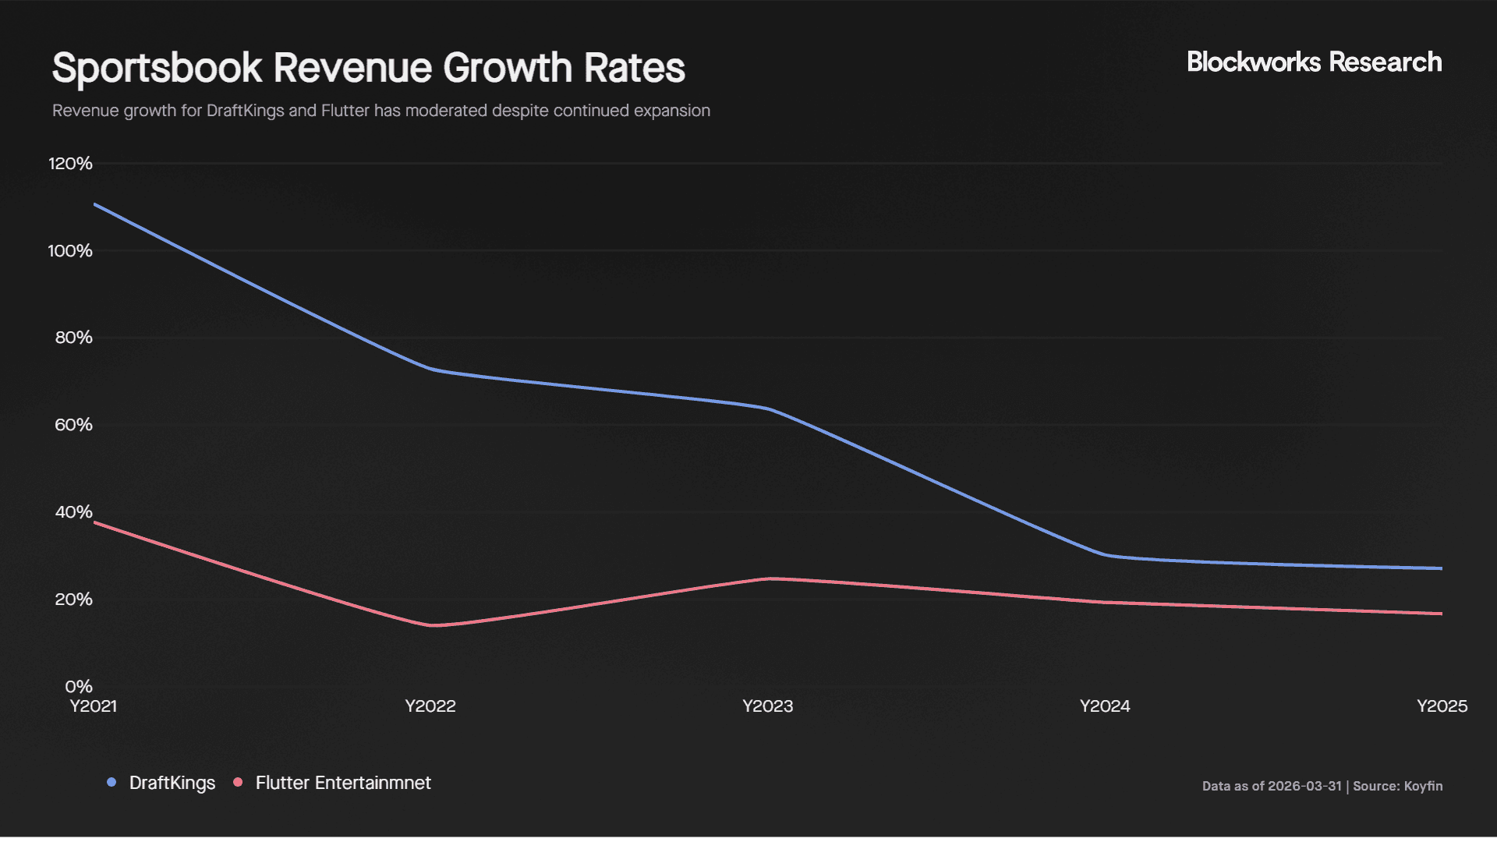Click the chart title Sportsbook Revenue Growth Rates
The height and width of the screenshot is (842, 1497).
tap(368, 68)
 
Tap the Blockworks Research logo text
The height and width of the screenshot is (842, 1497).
tap(1314, 62)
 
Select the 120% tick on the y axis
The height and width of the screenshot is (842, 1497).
tap(70, 164)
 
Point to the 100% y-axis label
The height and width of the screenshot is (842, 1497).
tap(70, 251)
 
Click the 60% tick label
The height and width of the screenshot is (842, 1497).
tap(73, 425)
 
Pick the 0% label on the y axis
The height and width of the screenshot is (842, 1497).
tap(78, 687)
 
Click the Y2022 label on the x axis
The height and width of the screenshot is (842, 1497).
tap(430, 706)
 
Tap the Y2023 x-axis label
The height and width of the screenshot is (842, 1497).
tap(767, 706)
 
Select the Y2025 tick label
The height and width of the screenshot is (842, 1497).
tap(1441, 706)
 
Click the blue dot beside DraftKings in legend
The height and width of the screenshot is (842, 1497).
tap(111, 782)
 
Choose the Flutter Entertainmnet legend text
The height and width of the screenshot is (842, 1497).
tap(343, 783)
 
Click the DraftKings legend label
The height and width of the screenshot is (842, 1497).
tap(172, 783)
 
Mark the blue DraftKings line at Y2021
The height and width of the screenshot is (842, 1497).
tap(95, 205)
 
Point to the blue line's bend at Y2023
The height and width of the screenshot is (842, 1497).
tap(769, 409)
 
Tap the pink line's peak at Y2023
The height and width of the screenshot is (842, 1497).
tap(769, 578)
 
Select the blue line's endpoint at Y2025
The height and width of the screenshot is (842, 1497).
tap(1440, 568)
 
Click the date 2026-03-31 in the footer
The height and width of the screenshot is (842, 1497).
tap(1304, 786)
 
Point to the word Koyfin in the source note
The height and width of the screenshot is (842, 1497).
tap(1423, 786)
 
